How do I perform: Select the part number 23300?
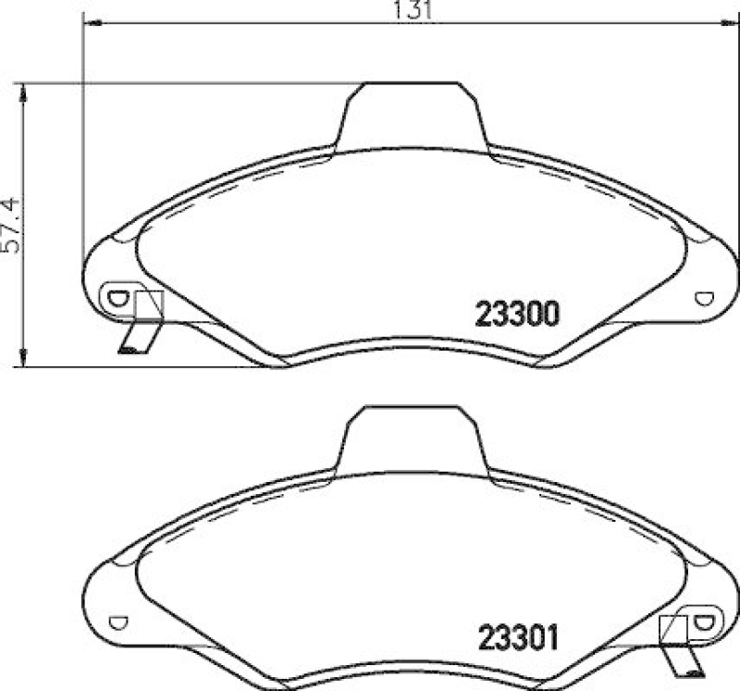coord(517,316)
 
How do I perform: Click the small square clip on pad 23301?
coord(672,628)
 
